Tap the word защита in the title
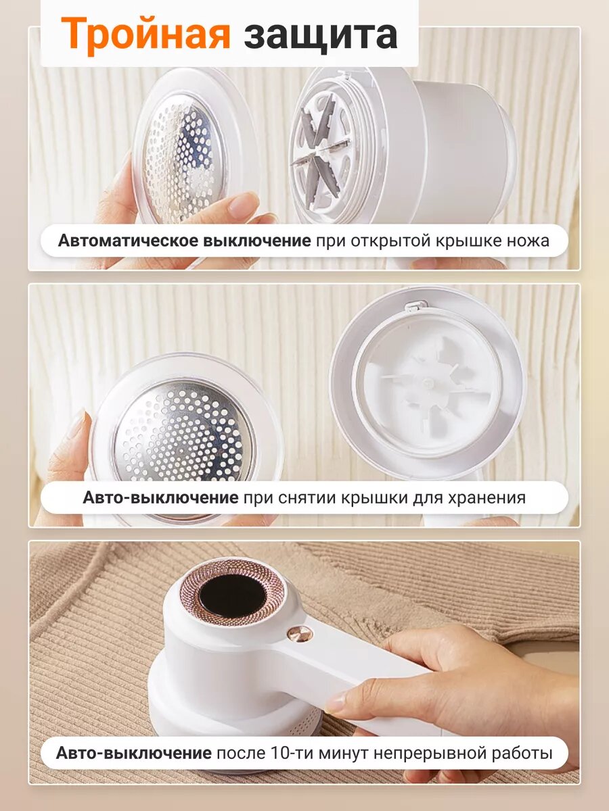[x=320, y=35]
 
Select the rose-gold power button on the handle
[x=299, y=633]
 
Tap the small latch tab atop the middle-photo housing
[x=411, y=307]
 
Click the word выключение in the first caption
[x=258, y=241]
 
